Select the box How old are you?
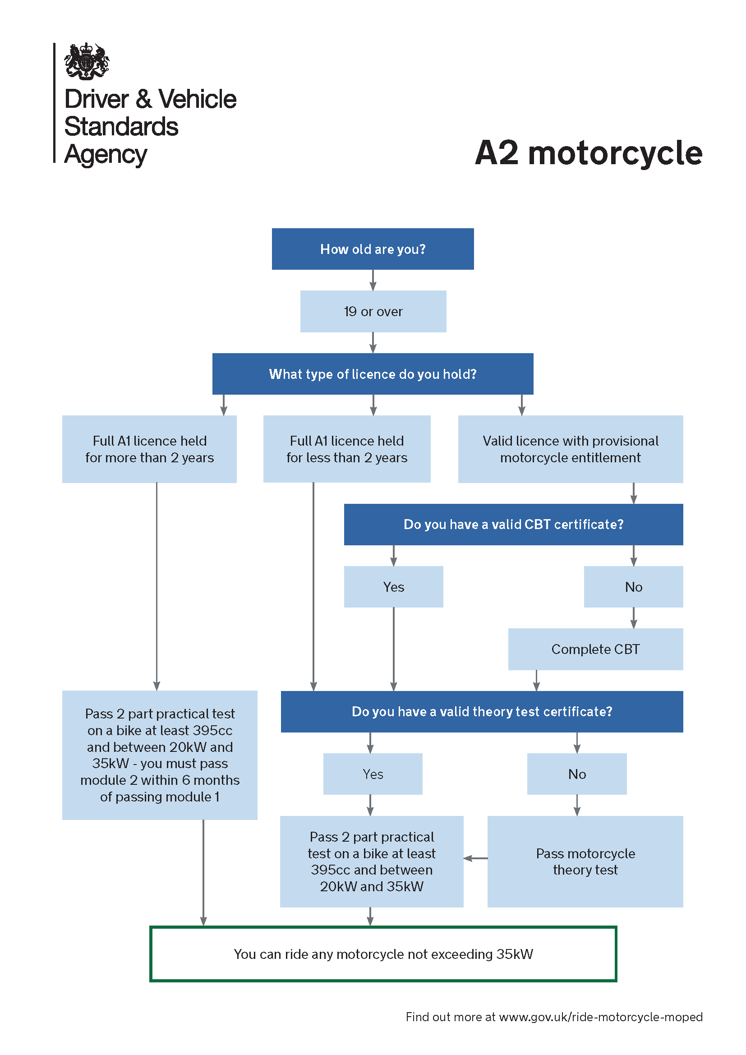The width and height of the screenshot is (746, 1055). (373, 249)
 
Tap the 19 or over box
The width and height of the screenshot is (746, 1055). (373, 312)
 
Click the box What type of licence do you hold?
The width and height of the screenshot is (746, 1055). (373, 374)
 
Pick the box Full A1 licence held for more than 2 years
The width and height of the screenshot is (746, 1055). (149, 449)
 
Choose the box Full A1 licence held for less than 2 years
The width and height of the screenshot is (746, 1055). (347, 449)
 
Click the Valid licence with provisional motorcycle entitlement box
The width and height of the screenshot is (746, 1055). (570, 449)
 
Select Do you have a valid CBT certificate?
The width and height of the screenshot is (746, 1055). (513, 524)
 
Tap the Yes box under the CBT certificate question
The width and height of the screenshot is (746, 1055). (393, 587)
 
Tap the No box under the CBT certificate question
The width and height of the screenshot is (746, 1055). (633, 587)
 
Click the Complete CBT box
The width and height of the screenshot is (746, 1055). (595, 649)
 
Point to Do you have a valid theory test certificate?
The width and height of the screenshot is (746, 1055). (481, 711)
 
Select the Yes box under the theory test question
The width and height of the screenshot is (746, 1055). (373, 774)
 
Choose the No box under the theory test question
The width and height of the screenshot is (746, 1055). (576, 774)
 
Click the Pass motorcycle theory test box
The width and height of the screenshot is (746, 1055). (585, 862)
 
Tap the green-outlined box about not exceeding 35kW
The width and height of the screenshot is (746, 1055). (382, 954)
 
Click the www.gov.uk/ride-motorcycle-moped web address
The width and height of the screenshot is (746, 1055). (600, 1017)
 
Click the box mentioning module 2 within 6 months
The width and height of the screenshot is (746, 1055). (159, 755)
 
